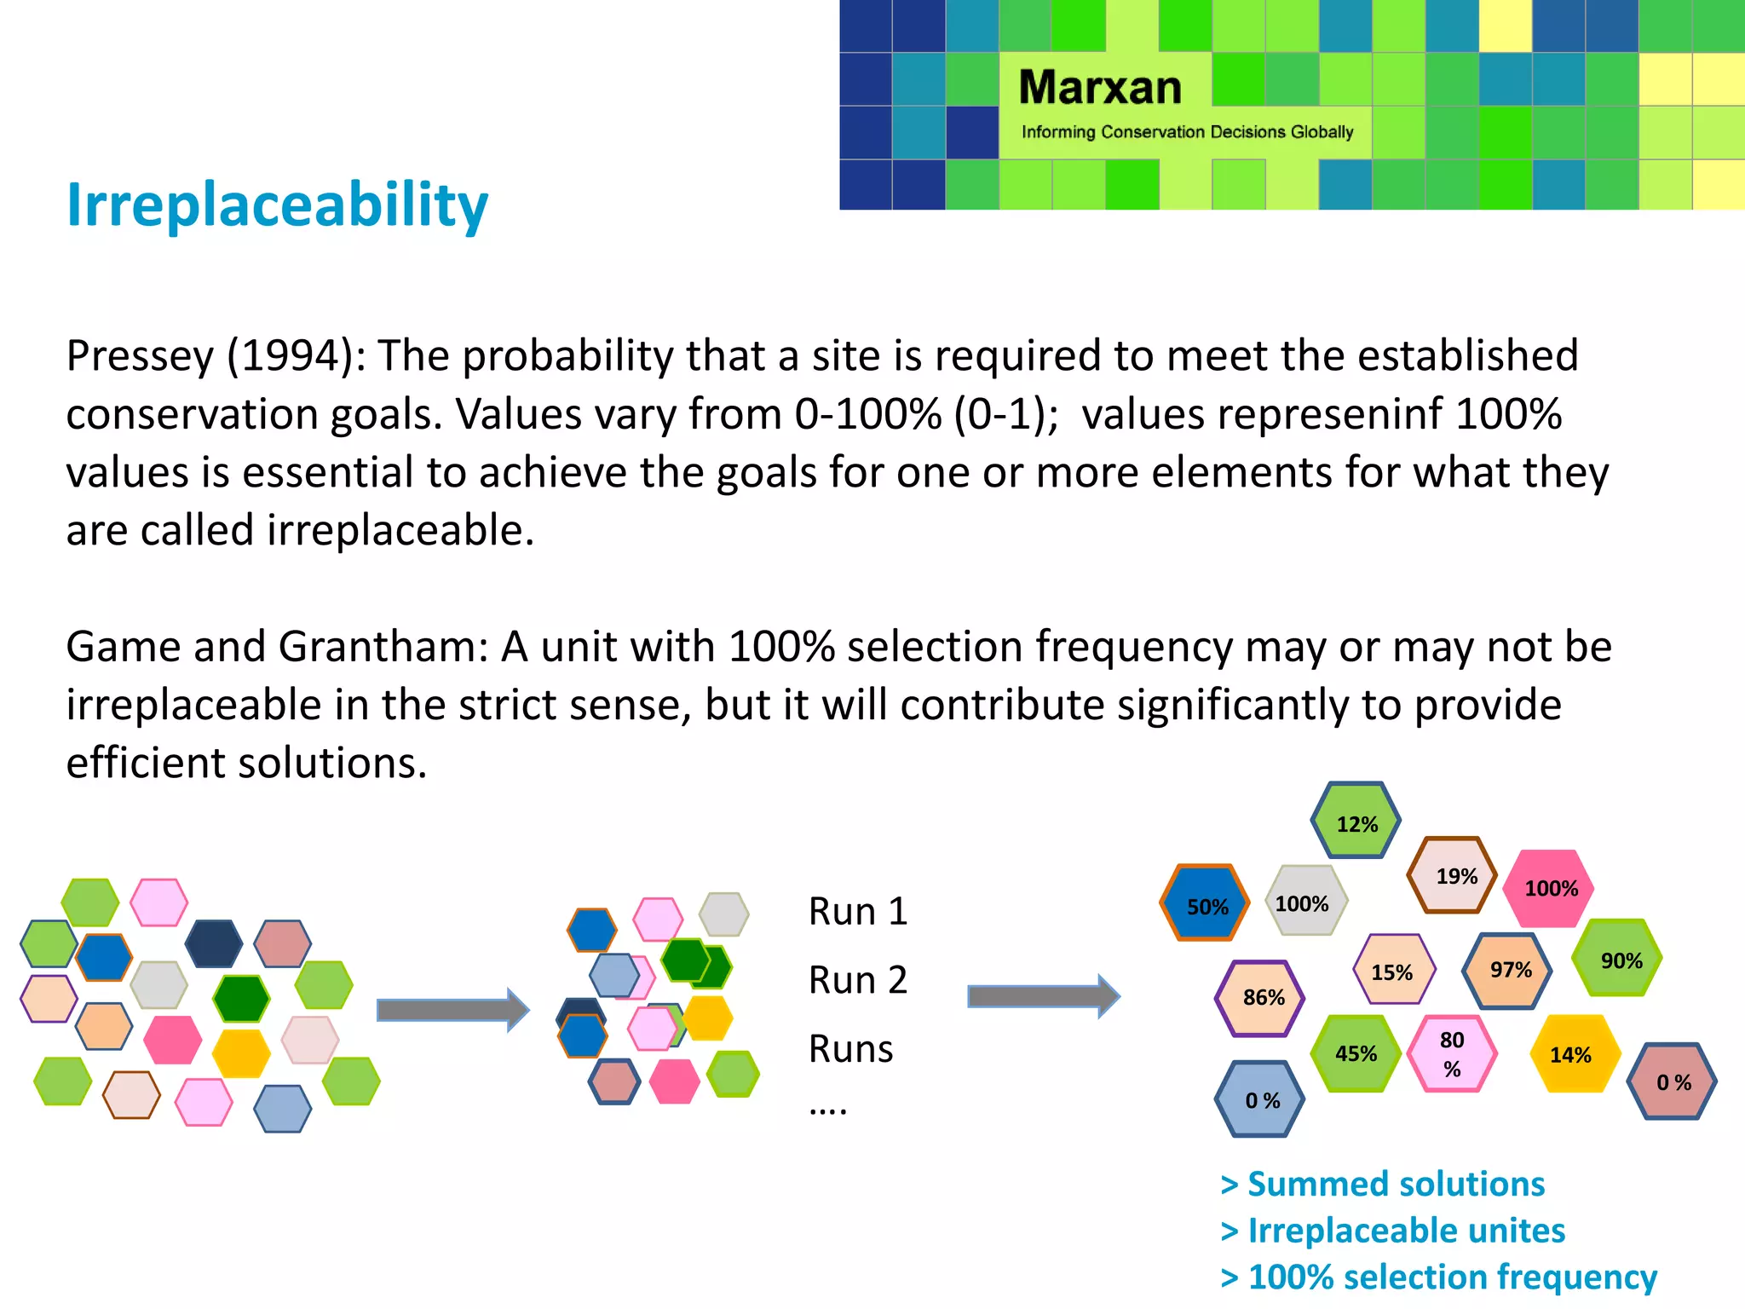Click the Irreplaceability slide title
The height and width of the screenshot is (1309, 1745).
pos(277,205)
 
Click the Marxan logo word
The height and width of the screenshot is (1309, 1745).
pos(1100,88)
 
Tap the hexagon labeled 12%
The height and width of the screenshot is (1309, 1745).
pos(1356,822)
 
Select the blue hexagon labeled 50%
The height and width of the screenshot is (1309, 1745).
pos(1205,904)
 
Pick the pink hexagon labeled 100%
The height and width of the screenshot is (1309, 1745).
pos(1550,888)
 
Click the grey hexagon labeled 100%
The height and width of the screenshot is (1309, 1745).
pos(1304,902)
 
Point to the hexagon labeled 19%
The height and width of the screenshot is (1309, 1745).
pos(1454,876)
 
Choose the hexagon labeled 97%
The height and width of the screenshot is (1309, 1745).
pos(1508,971)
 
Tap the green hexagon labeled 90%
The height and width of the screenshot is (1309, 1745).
pos(1619,960)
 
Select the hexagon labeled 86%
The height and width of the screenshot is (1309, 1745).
pos(1261,998)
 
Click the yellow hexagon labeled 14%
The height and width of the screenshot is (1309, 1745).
pos(1573,1054)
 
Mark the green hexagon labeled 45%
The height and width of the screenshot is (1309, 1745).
pos(1356,1053)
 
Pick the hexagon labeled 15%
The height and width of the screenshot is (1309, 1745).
pos(1393,971)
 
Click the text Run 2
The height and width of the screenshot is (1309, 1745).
pos(857,980)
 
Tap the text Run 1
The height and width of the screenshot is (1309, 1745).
pos(857,912)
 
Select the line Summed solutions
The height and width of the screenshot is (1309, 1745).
pos(1383,1184)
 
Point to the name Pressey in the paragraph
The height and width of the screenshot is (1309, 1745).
pos(140,355)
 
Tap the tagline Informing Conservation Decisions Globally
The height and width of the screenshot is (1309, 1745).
pos(1187,132)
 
